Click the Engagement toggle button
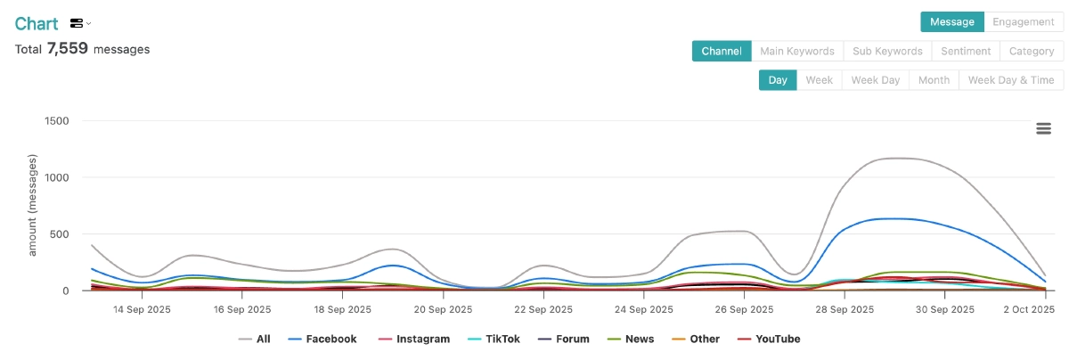[x=1024, y=21]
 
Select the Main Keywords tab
[x=796, y=51]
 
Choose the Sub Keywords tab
[x=886, y=51]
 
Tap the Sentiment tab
[x=966, y=51]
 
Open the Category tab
[x=1032, y=51]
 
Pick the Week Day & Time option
[x=1011, y=80]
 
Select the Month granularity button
[x=934, y=80]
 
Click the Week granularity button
[x=819, y=80]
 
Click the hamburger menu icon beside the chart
[x=1044, y=128]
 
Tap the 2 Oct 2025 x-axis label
[x=1028, y=310]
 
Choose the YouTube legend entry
[x=778, y=340]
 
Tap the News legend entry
[x=639, y=340]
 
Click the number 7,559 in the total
[x=68, y=49]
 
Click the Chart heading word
[x=37, y=23]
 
